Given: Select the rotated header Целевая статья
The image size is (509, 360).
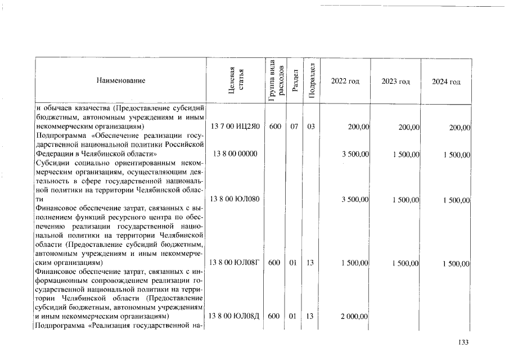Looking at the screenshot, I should tap(236, 81).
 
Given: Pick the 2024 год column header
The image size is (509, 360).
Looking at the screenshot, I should tap(446, 82).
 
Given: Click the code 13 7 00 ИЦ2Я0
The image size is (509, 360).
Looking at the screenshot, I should tap(235, 127).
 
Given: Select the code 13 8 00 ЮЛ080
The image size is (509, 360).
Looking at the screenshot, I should tap(235, 199).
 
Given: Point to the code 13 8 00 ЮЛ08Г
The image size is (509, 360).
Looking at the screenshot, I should tap(235, 263).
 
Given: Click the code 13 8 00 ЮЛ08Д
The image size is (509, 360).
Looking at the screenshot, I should tap(235, 317).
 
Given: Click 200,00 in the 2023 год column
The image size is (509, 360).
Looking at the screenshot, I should tap(409, 128).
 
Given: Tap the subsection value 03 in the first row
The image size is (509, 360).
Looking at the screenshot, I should tap(310, 127).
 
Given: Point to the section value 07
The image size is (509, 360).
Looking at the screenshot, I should tap(294, 127).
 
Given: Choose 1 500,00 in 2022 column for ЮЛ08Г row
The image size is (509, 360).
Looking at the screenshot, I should tap(354, 263).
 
